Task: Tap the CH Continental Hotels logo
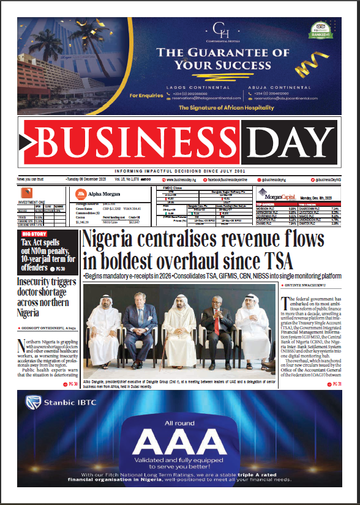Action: [219, 29]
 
